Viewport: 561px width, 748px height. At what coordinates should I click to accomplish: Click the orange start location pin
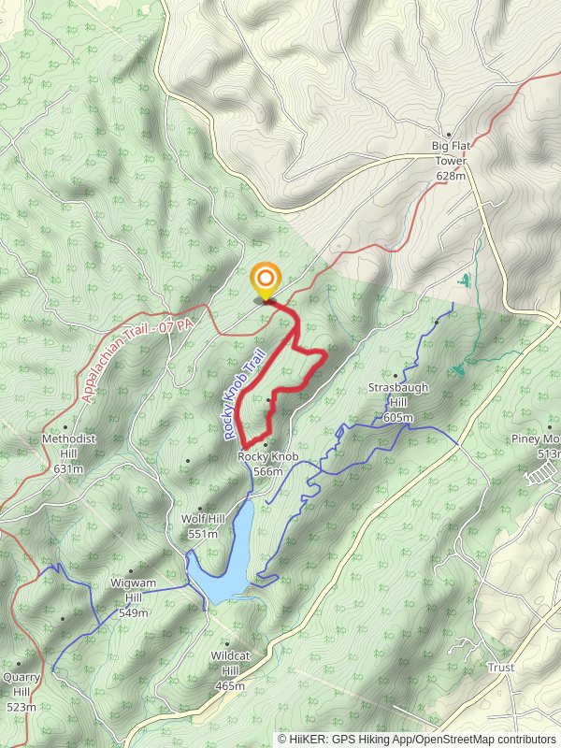click(266, 280)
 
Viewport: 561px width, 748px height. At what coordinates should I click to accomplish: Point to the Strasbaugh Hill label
click(391, 401)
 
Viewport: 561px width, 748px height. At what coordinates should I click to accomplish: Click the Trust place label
click(501, 668)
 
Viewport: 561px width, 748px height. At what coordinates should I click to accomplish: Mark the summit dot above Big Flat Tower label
click(449, 134)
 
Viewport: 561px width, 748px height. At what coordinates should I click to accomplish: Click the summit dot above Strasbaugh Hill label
click(395, 376)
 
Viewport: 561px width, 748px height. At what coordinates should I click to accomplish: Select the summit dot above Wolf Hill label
click(200, 509)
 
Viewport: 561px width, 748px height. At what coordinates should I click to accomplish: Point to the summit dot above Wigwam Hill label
click(131, 571)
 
